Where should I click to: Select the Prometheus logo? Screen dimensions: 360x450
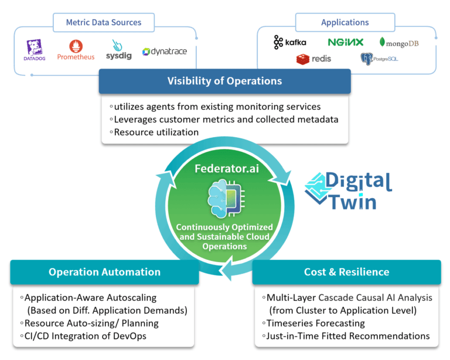(x=76, y=50)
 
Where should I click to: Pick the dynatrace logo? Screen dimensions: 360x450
(x=165, y=52)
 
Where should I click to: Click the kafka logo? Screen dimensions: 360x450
(x=289, y=42)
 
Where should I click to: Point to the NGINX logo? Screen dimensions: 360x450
(x=346, y=42)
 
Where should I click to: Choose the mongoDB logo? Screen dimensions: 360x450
(x=399, y=43)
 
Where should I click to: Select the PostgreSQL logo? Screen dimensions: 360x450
(x=379, y=59)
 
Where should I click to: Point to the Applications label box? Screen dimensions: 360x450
(x=345, y=22)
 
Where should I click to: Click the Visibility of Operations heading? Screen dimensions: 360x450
(x=224, y=81)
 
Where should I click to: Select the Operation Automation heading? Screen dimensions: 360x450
(x=104, y=271)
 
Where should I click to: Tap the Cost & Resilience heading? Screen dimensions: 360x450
(x=346, y=271)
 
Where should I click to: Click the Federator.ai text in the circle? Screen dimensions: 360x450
(x=225, y=169)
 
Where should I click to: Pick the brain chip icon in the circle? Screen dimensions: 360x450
(x=224, y=199)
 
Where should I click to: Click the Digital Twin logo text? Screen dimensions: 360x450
(x=350, y=191)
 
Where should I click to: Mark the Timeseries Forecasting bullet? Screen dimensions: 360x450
(x=315, y=323)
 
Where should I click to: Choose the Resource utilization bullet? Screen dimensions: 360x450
(x=154, y=132)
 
